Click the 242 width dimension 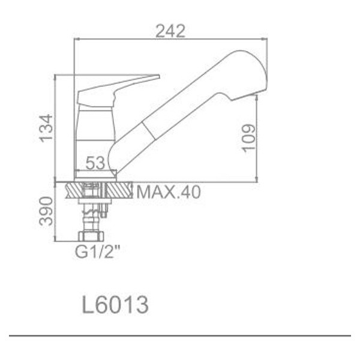click(x=170, y=31)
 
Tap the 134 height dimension click(x=45, y=128)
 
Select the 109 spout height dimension click(x=249, y=137)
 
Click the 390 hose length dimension click(x=46, y=211)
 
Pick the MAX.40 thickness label click(x=169, y=192)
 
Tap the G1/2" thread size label click(x=97, y=252)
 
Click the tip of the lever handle click(x=157, y=77)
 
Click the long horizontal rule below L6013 click(x=180, y=335)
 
